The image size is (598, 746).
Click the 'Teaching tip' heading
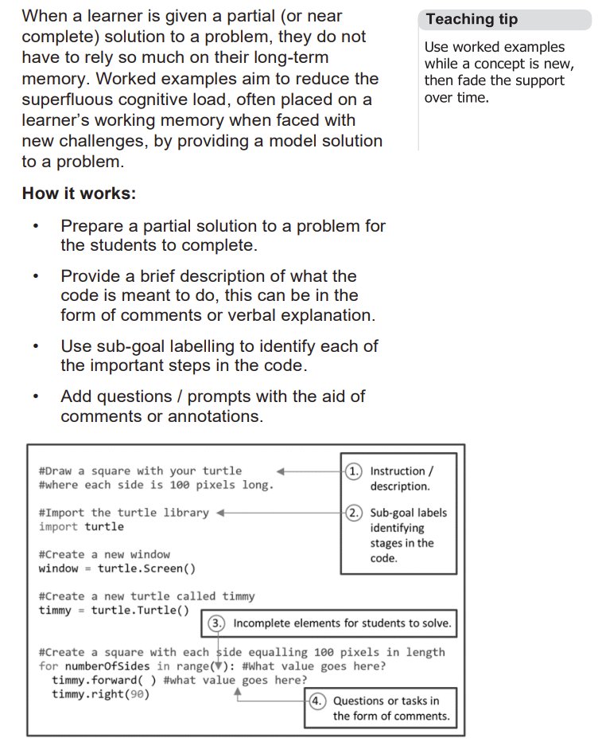coord(472,20)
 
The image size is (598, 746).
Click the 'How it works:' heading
coord(79,193)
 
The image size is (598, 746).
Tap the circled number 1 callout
coord(355,471)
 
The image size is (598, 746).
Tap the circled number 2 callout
coord(355,513)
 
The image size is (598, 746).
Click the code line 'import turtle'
coord(81,527)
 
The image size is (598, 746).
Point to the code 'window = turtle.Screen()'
coord(117,568)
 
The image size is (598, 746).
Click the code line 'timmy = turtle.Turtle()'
coord(114,611)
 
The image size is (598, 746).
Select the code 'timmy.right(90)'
coord(100,694)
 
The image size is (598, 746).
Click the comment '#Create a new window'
coord(104,554)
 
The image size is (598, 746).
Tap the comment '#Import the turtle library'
coord(123,513)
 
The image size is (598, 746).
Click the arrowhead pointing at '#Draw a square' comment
coord(281,471)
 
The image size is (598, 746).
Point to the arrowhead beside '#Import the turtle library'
coord(221,513)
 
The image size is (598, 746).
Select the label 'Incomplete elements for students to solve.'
coord(342,623)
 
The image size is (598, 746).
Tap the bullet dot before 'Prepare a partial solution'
coord(36,226)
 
